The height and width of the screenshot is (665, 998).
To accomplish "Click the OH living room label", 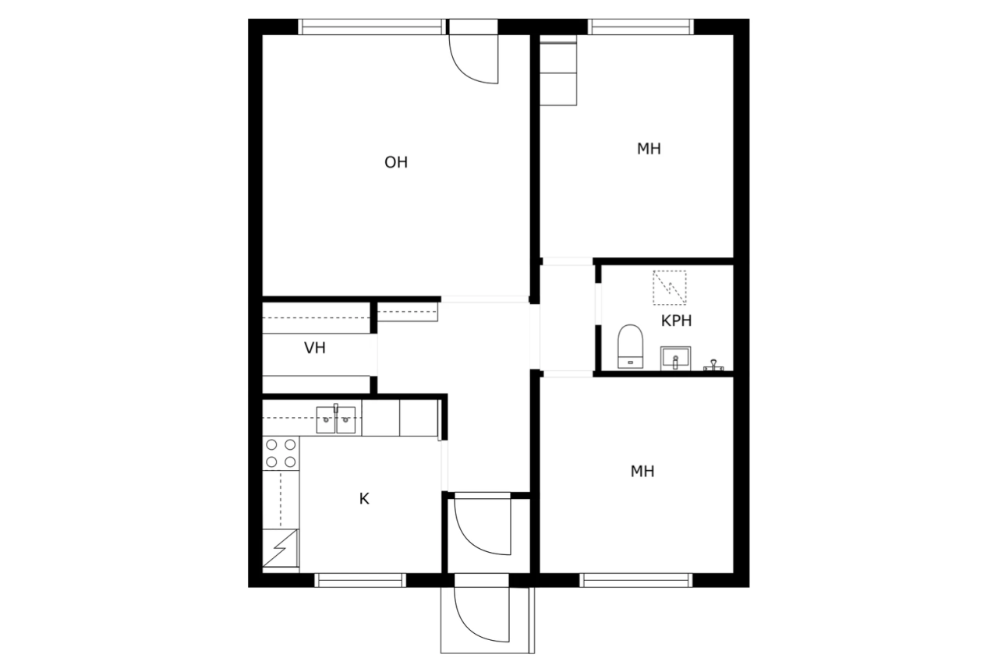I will point(396,162).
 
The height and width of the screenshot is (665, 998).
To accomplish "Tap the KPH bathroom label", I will point(676,320).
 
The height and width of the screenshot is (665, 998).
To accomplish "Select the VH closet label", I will point(315,348).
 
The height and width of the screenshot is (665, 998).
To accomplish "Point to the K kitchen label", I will point(364,499).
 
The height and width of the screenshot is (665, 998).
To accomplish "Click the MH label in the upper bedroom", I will point(649,149).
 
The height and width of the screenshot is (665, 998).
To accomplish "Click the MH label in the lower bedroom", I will point(642,471).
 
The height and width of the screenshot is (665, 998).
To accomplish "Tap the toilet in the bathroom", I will point(630,346).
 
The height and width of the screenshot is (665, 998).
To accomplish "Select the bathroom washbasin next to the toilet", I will point(675,359).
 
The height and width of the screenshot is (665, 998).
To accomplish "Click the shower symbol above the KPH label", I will point(669,287).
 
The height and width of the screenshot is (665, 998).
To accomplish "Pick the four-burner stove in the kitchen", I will point(281,453).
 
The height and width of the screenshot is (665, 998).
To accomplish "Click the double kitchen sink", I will point(336,420).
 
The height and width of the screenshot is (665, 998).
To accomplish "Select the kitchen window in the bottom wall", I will point(360,580).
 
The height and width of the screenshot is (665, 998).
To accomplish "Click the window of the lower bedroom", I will point(636,580).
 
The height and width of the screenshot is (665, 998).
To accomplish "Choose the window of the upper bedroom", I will point(641,27).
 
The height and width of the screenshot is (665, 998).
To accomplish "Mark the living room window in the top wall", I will point(373,27).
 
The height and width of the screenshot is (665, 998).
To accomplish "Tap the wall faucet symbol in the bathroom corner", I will point(713,365).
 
